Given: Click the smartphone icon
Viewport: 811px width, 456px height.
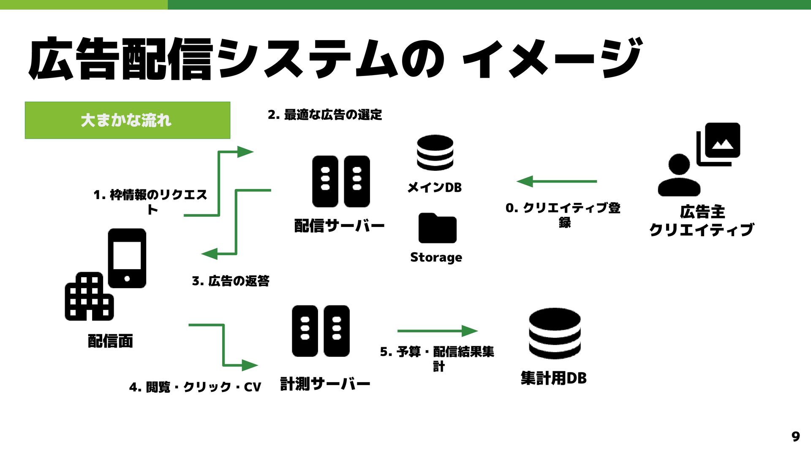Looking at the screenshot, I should [x=127, y=258].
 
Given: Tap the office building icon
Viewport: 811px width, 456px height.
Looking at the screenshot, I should [x=89, y=297].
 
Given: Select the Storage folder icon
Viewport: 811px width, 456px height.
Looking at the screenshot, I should [x=437, y=228].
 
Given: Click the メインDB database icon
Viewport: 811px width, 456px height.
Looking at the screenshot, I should [x=435, y=153].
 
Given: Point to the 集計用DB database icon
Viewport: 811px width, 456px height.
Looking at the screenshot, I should [x=554, y=333].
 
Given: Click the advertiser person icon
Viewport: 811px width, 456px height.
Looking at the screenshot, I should [x=679, y=175].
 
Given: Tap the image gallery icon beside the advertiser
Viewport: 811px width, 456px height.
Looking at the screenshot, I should [x=718, y=144].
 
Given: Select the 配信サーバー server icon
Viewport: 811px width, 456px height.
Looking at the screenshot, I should [x=341, y=181].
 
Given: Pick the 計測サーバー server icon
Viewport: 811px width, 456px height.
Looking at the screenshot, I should [x=321, y=331].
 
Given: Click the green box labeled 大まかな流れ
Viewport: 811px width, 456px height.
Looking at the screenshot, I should [x=128, y=120].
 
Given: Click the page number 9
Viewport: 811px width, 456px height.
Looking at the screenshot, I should [x=795, y=436].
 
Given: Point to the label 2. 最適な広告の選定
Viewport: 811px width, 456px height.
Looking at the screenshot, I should [x=325, y=115].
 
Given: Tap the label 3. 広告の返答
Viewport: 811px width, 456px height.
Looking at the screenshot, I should [x=231, y=281].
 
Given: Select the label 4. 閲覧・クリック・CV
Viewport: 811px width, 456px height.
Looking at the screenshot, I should [x=195, y=387].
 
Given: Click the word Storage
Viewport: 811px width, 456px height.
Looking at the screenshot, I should [x=436, y=257].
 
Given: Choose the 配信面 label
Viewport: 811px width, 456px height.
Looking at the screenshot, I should [x=110, y=341].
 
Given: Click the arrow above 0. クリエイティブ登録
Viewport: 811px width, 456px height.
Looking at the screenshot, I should [x=556, y=181].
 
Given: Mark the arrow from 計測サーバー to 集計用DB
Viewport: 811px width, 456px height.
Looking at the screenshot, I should [x=437, y=331].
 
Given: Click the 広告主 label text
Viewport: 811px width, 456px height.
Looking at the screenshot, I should [x=702, y=212].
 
